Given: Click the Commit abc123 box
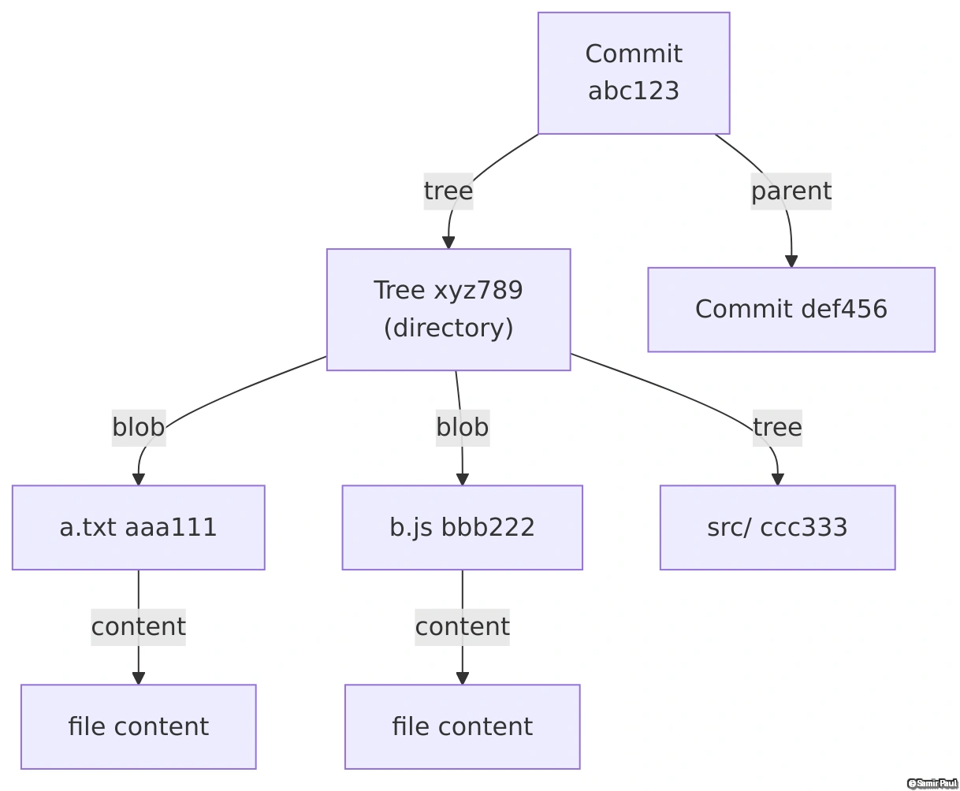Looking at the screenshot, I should click(x=634, y=72).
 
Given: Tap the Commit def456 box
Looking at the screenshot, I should click(x=791, y=309).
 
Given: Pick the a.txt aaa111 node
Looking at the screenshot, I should click(x=138, y=527).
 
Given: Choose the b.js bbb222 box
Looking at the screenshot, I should click(x=462, y=527).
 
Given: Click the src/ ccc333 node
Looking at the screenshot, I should click(x=777, y=527).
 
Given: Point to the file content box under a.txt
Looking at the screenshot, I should click(x=138, y=726).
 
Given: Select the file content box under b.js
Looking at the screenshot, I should click(x=462, y=726).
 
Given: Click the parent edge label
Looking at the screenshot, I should click(x=791, y=191).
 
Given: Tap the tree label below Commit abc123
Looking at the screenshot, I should click(x=448, y=191).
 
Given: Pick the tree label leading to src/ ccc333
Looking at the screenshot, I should click(x=777, y=427).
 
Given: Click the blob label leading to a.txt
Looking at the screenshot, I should click(x=139, y=427).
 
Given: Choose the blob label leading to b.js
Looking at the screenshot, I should click(x=463, y=427).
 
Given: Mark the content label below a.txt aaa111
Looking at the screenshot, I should click(x=139, y=626).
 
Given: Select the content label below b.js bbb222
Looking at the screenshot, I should click(x=463, y=626).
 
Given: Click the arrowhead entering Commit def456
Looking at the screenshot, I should click(x=791, y=262).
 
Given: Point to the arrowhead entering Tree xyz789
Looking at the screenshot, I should click(x=448, y=243).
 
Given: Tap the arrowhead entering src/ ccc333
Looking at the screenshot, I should click(x=778, y=479).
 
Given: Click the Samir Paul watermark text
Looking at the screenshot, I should click(x=932, y=783).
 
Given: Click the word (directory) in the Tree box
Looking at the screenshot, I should click(x=448, y=327).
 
